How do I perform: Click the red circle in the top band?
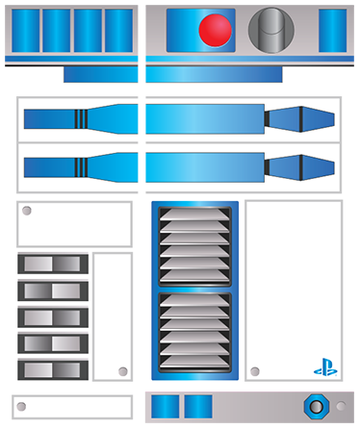215,30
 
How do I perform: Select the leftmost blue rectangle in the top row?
25,31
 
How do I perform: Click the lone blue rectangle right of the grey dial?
332,31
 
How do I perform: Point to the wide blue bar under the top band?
173,74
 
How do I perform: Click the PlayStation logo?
325,367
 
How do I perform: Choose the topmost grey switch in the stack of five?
53,265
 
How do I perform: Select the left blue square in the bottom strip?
166,407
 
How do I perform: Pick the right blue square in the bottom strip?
197,407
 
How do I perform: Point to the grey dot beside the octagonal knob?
341,407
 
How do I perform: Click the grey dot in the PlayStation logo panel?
255,370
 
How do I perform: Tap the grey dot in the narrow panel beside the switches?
122,371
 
